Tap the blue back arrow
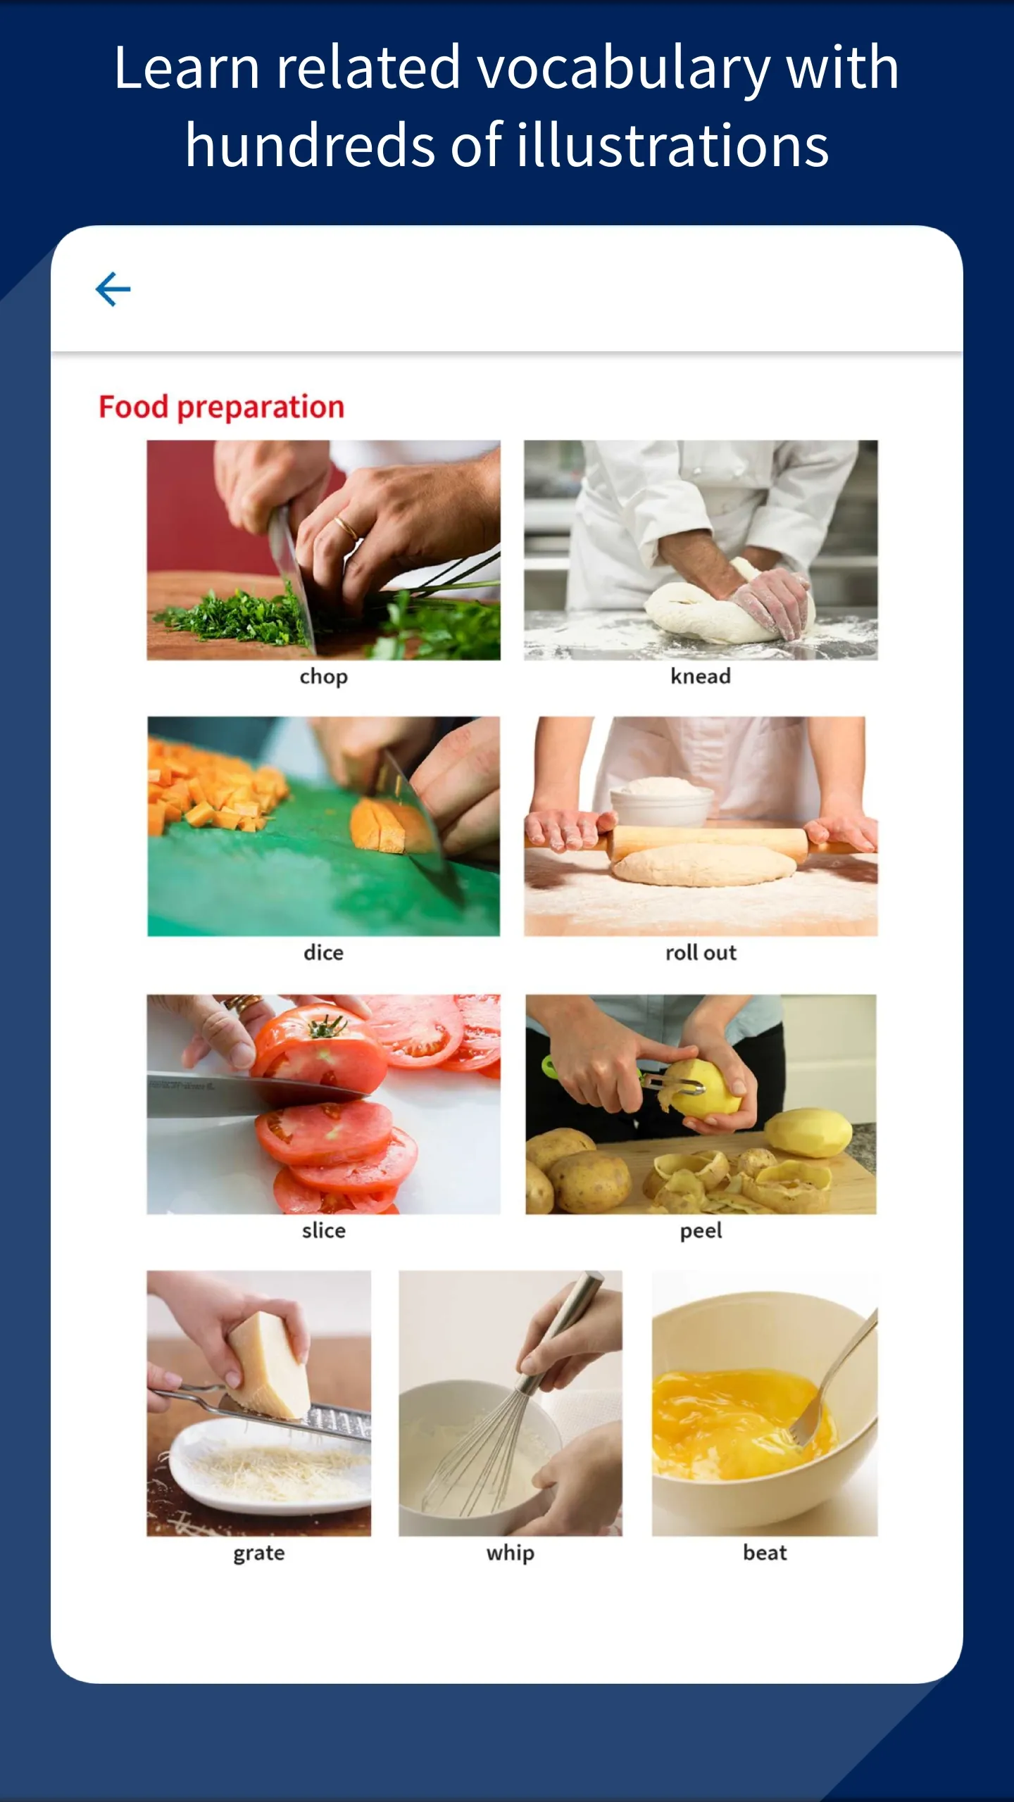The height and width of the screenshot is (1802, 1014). [x=113, y=289]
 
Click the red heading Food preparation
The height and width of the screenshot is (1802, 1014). [x=221, y=408]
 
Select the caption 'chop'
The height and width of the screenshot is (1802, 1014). [x=324, y=677]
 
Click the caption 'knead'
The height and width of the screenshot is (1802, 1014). [x=701, y=676]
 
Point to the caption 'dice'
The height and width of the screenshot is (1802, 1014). [x=324, y=952]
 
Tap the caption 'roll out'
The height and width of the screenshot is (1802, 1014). [x=701, y=952]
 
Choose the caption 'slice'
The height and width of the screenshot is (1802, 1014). [x=324, y=1230]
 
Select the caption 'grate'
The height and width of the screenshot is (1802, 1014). [x=259, y=1554]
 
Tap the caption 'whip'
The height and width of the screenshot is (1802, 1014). [x=511, y=1554]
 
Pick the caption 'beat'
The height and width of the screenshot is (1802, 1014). [x=765, y=1552]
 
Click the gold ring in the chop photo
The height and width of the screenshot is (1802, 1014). [x=346, y=527]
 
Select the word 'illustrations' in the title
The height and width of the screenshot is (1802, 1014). [x=673, y=145]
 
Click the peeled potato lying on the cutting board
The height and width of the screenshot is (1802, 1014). [x=808, y=1132]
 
